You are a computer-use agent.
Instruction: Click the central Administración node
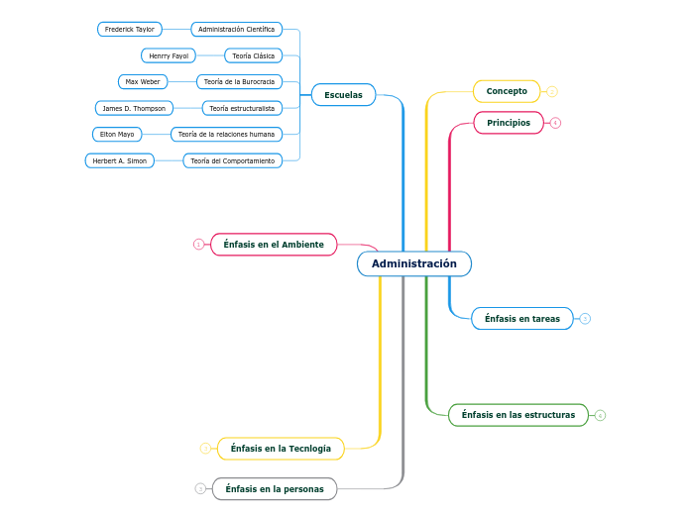[x=413, y=263]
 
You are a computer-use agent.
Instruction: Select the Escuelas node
[x=343, y=95]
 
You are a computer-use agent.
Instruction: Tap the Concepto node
[x=507, y=91]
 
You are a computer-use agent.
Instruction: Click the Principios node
[x=509, y=123]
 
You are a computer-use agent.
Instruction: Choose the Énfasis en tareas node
[x=521, y=319]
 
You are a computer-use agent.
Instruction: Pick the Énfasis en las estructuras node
[x=517, y=415]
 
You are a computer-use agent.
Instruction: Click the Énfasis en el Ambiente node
[x=274, y=244]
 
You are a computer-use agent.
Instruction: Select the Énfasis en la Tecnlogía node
[x=281, y=449]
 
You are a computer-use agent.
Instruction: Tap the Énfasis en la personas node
[x=275, y=488]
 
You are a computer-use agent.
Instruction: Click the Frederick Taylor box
[x=130, y=30]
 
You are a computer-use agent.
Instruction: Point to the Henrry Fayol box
[x=169, y=55]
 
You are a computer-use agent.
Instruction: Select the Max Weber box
[x=143, y=81]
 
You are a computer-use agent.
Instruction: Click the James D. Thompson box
[x=134, y=108]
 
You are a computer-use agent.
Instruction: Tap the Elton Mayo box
[x=117, y=134]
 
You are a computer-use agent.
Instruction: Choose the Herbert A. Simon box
[x=120, y=160]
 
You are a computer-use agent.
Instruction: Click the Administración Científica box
[x=236, y=30]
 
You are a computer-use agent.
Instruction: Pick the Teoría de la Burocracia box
[x=239, y=81]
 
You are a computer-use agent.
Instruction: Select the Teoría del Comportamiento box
[x=232, y=160]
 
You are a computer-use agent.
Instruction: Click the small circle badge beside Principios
[x=555, y=123]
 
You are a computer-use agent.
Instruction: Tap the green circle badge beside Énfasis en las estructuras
[x=600, y=415]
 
